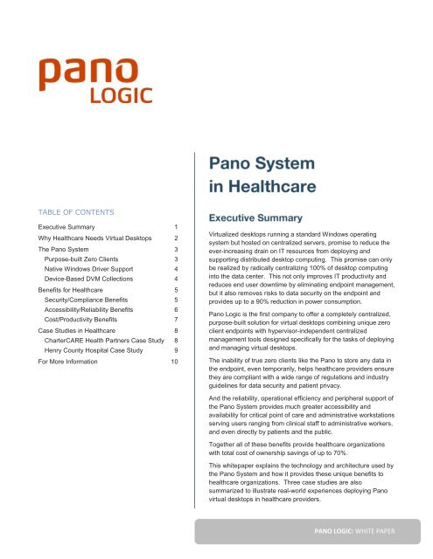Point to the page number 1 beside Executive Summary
[x=176, y=226]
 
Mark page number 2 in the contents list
[x=176, y=238]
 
